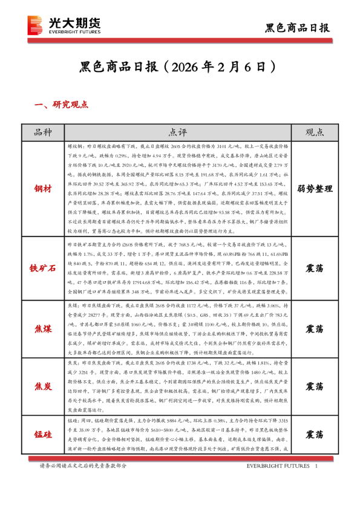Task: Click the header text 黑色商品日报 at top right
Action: (x=298, y=28)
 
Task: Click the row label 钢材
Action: (x=43, y=189)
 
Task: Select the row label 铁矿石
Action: (x=43, y=267)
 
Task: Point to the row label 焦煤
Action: (x=43, y=329)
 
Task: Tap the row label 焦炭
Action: (x=43, y=386)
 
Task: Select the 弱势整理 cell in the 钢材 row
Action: (x=314, y=189)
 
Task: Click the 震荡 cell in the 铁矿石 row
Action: (x=314, y=267)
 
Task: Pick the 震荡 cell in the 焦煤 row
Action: (x=314, y=329)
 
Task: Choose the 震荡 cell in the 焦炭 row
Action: (x=314, y=386)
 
